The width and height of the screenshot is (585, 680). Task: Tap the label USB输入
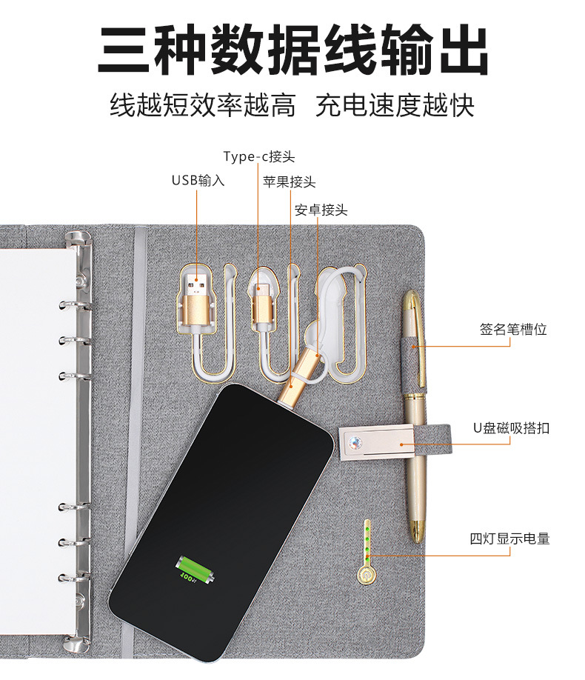point(198,180)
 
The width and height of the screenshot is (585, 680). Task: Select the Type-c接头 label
point(259,156)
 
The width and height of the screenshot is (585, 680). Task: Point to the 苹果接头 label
point(289,181)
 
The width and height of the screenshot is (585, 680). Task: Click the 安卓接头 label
point(321,210)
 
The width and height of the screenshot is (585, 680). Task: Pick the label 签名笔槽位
point(512,330)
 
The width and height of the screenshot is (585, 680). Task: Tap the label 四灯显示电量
point(509,539)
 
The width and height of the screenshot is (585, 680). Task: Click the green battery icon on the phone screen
point(193,570)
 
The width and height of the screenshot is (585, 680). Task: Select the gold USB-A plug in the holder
point(197,296)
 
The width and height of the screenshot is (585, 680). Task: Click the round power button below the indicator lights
point(364,574)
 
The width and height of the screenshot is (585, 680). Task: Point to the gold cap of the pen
point(412,319)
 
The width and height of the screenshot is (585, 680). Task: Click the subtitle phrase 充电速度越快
point(395,105)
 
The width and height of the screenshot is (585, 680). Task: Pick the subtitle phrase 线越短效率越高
point(202,105)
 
